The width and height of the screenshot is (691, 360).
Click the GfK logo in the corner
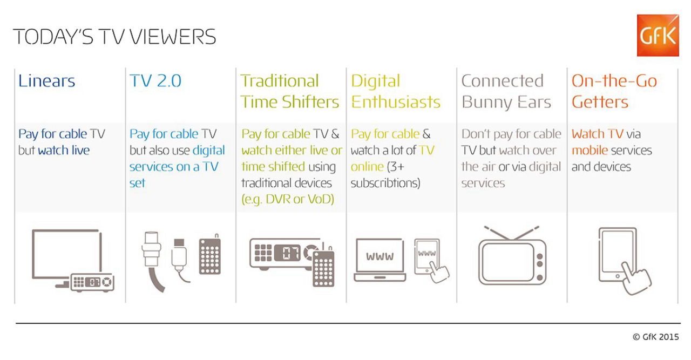[x=658, y=35]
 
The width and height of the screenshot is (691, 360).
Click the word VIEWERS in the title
[x=173, y=37]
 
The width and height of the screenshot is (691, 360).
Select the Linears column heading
[x=46, y=81]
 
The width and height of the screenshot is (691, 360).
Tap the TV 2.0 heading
[x=155, y=81]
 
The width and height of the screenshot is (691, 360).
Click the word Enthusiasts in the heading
[x=396, y=102]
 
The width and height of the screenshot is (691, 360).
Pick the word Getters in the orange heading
[x=600, y=102]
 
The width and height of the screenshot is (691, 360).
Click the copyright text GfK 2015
[x=656, y=337]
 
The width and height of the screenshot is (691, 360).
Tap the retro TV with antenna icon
[x=512, y=255]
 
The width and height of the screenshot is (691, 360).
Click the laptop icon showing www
[x=380, y=260]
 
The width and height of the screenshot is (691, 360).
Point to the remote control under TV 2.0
[x=210, y=255]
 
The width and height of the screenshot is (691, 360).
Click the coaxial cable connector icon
[x=152, y=261]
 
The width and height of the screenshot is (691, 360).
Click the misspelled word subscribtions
[x=385, y=184]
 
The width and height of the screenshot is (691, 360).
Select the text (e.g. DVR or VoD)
[x=288, y=200]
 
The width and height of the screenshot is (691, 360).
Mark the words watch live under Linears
[x=64, y=151]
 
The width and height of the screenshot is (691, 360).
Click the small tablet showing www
[x=427, y=256]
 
